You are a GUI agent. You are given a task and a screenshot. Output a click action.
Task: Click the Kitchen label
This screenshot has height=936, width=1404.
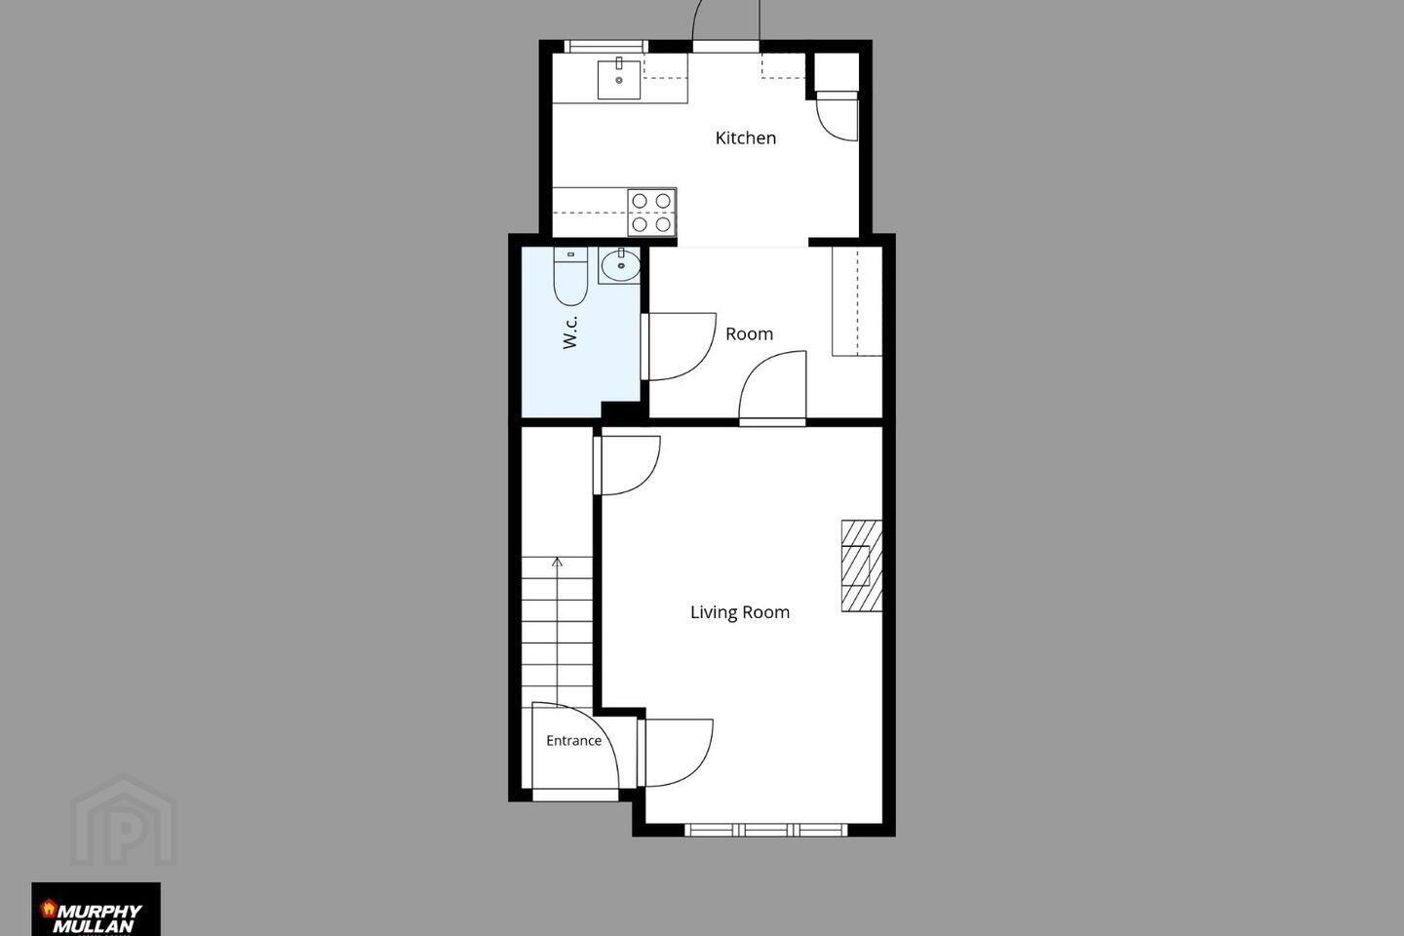[x=745, y=137]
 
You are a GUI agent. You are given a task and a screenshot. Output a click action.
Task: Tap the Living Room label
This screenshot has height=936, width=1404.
[x=740, y=612]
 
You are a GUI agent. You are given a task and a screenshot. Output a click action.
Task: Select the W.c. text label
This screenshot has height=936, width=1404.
[x=569, y=332]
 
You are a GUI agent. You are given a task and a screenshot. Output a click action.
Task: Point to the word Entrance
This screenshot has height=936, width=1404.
[x=573, y=741]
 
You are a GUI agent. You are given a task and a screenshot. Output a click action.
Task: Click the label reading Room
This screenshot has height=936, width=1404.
[x=749, y=334]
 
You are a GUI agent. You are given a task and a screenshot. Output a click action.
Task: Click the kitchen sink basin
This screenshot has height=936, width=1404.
[x=618, y=80]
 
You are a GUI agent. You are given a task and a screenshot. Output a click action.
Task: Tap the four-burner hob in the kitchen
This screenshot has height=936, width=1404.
[x=651, y=213]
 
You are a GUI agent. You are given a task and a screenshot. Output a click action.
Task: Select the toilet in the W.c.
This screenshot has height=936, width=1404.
[x=570, y=276]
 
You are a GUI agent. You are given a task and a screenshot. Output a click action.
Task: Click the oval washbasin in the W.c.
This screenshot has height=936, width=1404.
[x=620, y=266]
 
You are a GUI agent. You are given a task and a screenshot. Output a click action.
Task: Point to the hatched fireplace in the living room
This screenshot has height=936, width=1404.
[x=861, y=565]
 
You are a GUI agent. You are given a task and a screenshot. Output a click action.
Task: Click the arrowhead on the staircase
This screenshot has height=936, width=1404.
[x=558, y=562]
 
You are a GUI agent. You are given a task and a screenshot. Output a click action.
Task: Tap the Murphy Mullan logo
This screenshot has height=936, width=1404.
[x=96, y=909]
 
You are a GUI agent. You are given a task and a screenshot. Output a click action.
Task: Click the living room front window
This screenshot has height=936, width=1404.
[x=765, y=830]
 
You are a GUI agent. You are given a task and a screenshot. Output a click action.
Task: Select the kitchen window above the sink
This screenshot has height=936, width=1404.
[x=605, y=47]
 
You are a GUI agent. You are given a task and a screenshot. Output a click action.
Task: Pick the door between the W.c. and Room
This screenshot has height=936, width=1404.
[x=679, y=347]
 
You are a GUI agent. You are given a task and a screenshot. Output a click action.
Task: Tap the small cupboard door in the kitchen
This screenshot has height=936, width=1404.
[x=837, y=116]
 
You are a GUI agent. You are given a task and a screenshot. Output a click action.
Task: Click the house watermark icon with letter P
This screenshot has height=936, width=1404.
[x=124, y=821]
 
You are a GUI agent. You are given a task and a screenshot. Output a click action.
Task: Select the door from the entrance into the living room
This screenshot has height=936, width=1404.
[x=676, y=753]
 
